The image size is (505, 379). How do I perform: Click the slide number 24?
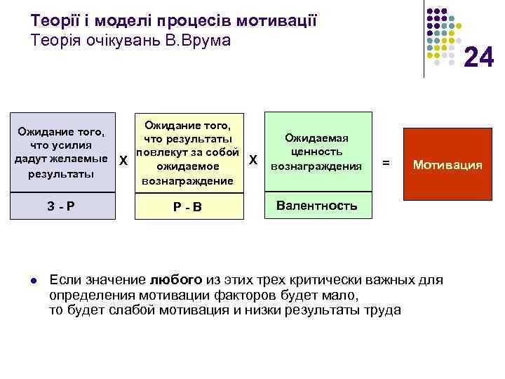pos(479,57)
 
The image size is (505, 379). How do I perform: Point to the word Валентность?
pos(316,206)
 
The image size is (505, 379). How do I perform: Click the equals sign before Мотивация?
pos(385,163)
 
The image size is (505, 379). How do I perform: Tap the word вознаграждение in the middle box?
pos(187,180)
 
